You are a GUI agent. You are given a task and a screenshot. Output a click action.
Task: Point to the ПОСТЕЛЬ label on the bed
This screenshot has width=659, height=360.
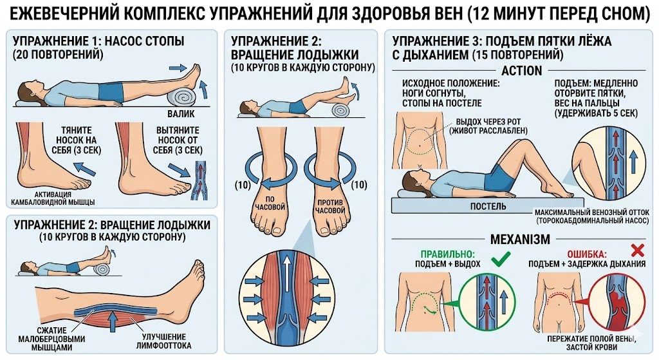click(x=487, y=206)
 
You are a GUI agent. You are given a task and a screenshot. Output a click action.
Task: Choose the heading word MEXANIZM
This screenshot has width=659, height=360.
click(x=521, y=240)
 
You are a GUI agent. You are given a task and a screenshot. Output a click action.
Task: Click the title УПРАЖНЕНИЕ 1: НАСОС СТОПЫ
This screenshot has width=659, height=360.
click(x=98, y=41)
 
